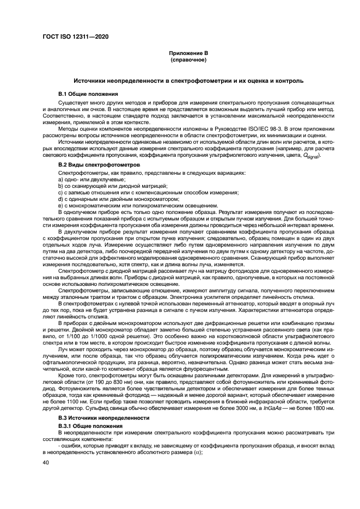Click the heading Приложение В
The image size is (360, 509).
[x=188, y=53]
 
